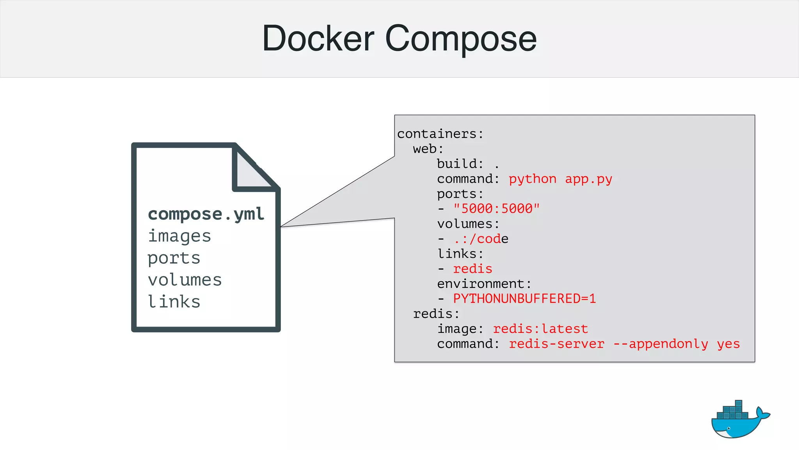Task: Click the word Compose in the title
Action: click(461, 39)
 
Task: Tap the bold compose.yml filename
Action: click(206, 214)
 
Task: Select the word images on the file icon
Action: click(179, 236)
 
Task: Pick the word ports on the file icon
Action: click(174, 258)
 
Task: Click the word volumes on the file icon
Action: click(185, 280)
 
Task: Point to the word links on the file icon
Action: click(174, 302)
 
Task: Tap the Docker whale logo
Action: click(739, 420)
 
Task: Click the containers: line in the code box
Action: click(440, 134)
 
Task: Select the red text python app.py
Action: click(560, 179)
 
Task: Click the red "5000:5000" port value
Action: click(496, 209)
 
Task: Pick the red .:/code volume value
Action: click(481, 239)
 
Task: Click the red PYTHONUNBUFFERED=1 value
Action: click(524, 299)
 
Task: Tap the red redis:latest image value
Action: click(540, 329)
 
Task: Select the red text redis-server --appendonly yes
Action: click(624, 344)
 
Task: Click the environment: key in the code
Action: click(484, 284)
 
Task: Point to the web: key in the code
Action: click(428, 149)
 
